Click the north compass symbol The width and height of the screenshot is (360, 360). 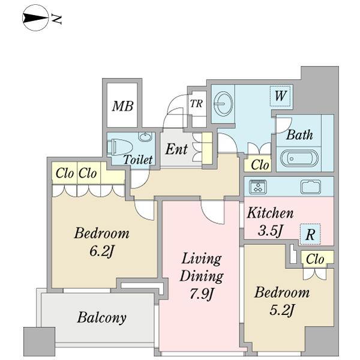click(x=35, y=18)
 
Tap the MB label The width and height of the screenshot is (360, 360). click(x=123, y=106)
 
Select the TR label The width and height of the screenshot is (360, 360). click(x=196, y=104)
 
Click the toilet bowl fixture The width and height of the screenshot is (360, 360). click(x=119, y=147)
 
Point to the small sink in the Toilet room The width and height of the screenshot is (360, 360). click(x=145, y=137)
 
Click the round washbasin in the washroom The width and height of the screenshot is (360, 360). click(x=223, y=104)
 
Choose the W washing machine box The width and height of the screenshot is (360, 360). click(x=280, y=96)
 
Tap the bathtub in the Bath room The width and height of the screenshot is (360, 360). click(x=299, y=158)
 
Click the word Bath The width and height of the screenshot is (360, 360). click(x=299, y=135)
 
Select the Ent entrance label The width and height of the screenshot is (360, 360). click(x=176, y=149)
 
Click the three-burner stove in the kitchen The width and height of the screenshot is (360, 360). click(x=258, y=187)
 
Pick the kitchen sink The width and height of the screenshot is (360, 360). click(x=311, y=187)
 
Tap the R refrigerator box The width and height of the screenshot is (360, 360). click(x=310, y=234)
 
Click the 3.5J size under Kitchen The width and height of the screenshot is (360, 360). click(x=270, y=231)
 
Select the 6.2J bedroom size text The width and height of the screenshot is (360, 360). click(x=101, y=252)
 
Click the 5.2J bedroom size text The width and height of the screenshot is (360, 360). click(x=282, y=310)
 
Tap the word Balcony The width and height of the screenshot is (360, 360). click(x=102, y=318)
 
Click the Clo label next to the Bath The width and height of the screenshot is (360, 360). click(x=260, y=165)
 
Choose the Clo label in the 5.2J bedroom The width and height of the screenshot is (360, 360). click(x=315, y=259)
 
